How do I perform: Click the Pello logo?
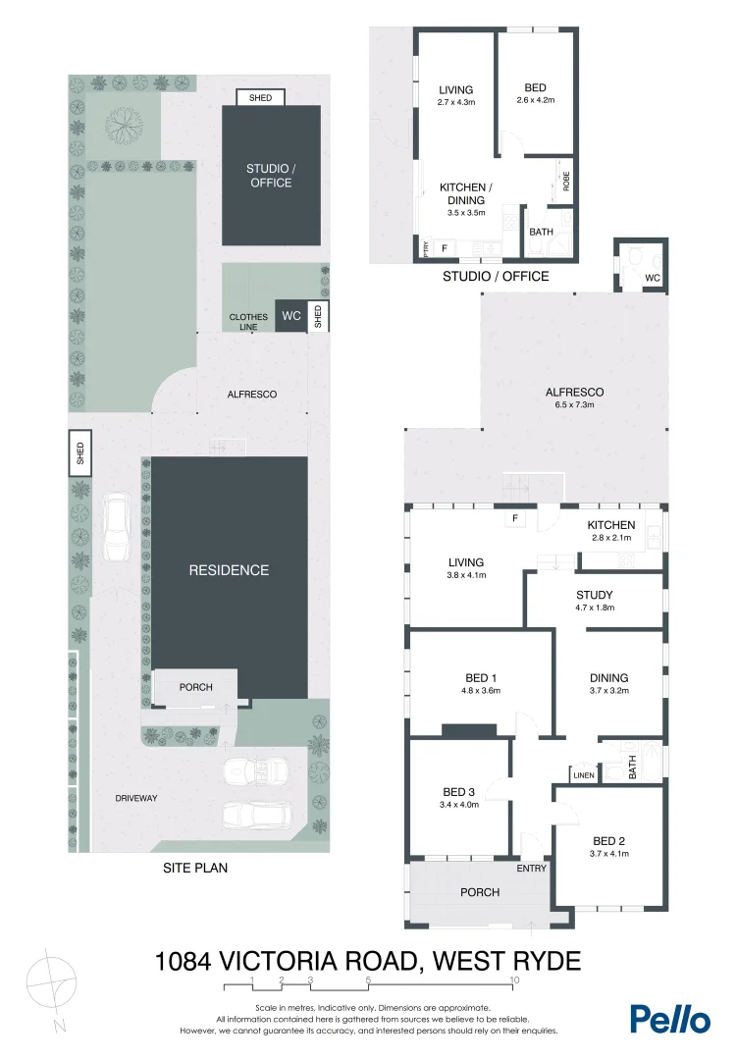pyautogui.click(x=669, y=1018)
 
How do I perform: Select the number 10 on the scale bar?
pyautogui.click(x=514, y=980)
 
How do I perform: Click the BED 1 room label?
pyautogui.click(x=482, y=677)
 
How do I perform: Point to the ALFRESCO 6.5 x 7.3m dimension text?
pyautogui.click(x=574, y=405)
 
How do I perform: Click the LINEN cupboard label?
pyautogui.click(x=584, y=776)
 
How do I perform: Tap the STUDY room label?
pyautogui.click(x=594, y=595)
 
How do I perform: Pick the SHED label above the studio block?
pyautogui.click(x=260, y=98)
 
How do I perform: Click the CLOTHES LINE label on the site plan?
pyautogui.click(x=248, y=322)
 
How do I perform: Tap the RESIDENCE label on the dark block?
pyautogui.click(x=229, y=570)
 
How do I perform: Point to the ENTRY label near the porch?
pyautogui.click(x=530, y=869)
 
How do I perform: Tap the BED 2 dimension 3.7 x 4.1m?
pyautogui.click(x=608, y=854)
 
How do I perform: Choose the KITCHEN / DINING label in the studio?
pyautogui.click(x=465, y=193)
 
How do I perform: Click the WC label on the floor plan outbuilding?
pyautogui.click(x=653, y=280)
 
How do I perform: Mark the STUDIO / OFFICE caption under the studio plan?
pyautogui.click(x=496, y=276)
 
